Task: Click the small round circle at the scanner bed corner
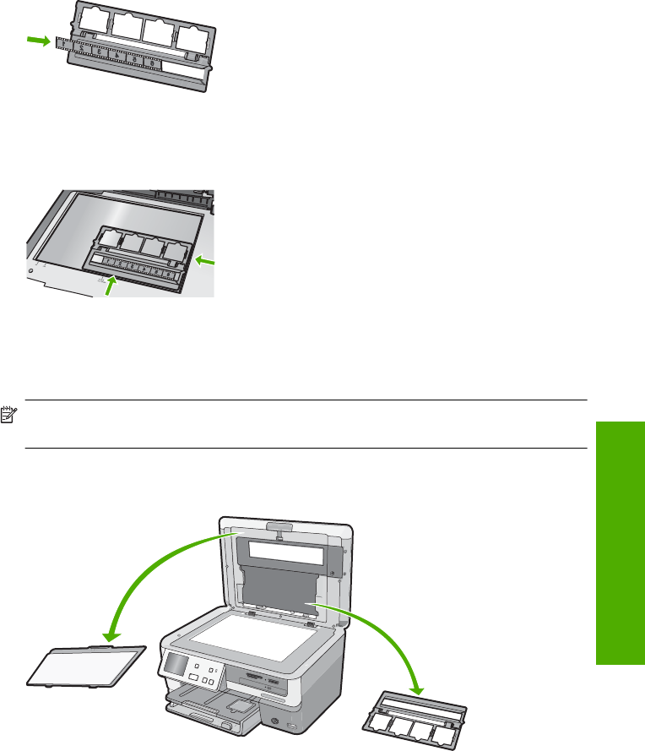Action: pyautogui.click(x=32, y=270)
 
